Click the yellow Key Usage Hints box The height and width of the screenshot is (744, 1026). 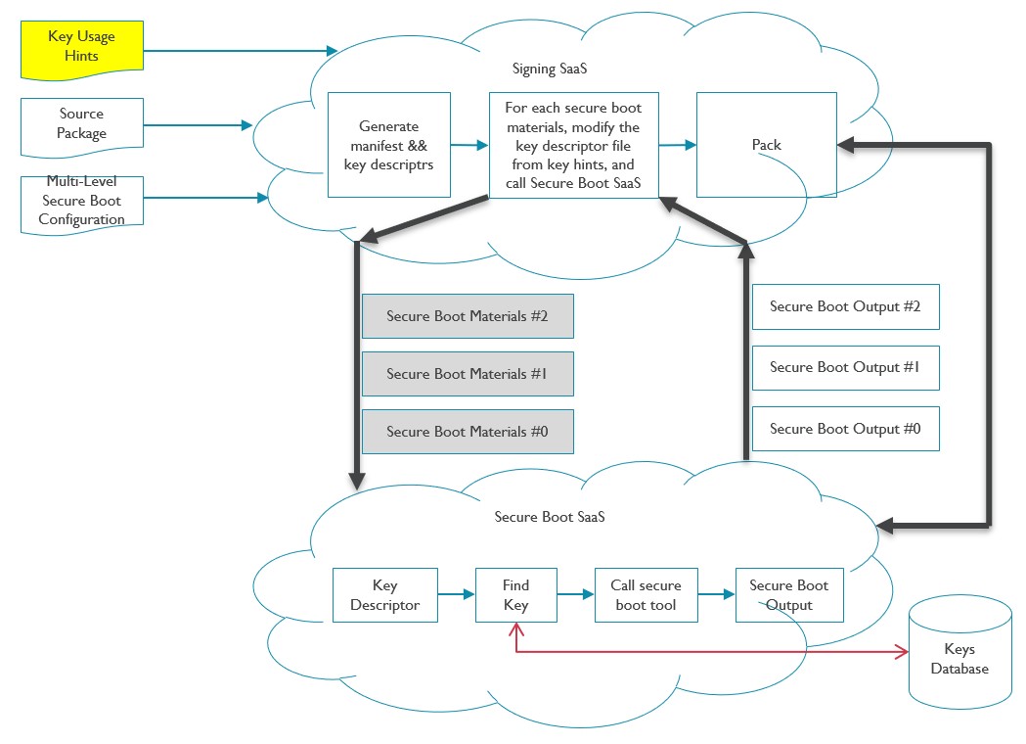[x=81, y=47]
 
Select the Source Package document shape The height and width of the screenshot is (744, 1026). [x=81, y=124]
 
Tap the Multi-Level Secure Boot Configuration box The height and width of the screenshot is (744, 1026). [x=81, y=201]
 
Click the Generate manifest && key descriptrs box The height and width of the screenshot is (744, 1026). [x=388, y=145]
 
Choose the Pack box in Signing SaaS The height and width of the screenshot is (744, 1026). [x=766, y=145]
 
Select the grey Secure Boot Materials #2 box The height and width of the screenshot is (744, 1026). [x=468, y=316]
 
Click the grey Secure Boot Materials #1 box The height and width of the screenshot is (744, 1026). [x=468, y=374]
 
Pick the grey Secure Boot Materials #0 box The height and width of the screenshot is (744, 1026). [x=468, y=432]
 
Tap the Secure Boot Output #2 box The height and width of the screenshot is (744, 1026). [x=845, y=307]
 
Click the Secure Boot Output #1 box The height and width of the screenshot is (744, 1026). [x=845, y=368]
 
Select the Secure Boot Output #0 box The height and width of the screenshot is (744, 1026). [x=845, y=429]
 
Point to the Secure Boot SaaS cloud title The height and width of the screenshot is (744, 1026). [x=550, y=516]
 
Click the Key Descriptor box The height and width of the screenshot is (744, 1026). [x=384, y=595]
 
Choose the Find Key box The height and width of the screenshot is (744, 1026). [x=515, y=595]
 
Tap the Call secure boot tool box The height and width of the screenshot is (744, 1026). [x=646, y=595]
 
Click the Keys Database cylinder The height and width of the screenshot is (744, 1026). [x=959, y=659]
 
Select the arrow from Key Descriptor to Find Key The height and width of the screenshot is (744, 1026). [x=456, y=594]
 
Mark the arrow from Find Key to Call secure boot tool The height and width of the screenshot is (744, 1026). [x=576, y=594]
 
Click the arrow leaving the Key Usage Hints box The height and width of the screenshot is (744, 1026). [x=240, y=50]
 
